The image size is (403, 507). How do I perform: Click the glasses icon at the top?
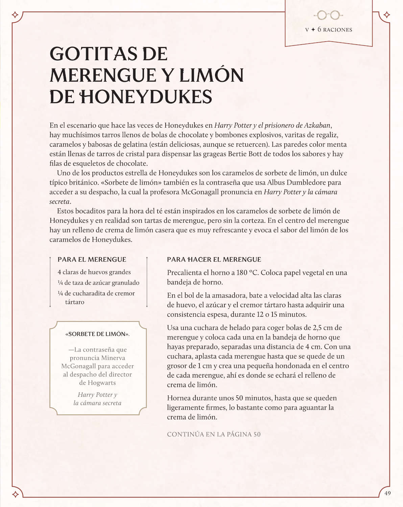(328, 15)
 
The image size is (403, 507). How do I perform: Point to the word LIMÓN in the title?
(211, 75)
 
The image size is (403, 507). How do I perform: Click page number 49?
(387, 493)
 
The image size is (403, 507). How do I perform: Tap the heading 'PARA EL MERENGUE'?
(92, 260)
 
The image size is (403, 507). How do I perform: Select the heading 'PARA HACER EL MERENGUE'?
(214, 260)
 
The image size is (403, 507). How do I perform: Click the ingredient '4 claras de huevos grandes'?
(94, 272)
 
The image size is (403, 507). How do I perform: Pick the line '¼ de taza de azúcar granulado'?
(98, 283)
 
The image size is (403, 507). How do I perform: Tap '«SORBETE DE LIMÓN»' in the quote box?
(98, 334)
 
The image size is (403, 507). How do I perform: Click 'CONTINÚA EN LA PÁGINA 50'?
(214, 434)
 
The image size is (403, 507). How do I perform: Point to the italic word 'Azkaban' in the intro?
(317, 125)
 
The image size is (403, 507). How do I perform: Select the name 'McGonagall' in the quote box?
(78, 366)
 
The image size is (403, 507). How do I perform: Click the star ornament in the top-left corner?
(15, 15)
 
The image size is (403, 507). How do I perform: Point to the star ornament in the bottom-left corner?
(15, 494)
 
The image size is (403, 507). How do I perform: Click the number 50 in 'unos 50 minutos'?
(239, 398)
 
